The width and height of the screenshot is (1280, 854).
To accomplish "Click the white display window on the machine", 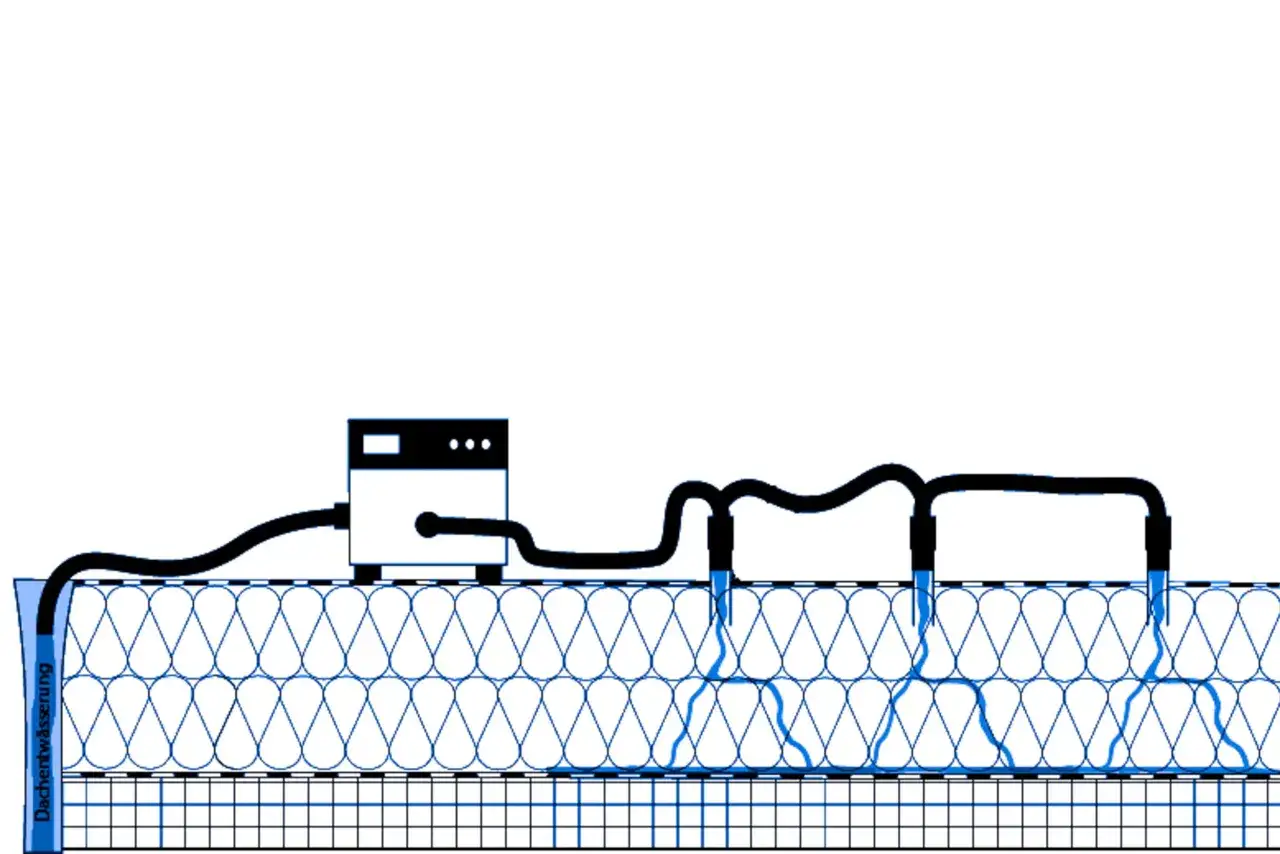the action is pyautogui.click(x=381, y=444).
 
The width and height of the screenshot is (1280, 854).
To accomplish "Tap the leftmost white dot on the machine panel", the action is pyautogui.click(x=454, y=444).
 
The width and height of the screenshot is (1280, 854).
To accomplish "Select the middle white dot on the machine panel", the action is pyautogui.click(x=470, y=444).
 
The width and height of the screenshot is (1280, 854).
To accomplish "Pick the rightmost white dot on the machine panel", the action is pyautogui.click(x=486, y=444).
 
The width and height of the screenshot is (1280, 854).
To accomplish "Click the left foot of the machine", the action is pyautogui.click(x=367, y=573).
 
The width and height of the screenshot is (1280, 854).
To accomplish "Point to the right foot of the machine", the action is pyautogui.click(x=489, y=573).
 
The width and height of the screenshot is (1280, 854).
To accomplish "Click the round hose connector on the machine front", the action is pyautogui.click(x=427, y=525).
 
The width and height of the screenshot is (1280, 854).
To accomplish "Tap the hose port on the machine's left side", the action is pyautogui.click(x=342, y=516).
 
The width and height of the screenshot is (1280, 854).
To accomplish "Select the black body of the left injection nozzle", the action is pyautogui.click(x=720, y=543).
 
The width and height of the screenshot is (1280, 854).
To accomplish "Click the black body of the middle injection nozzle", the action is pyautogui.click(x=922, y=543).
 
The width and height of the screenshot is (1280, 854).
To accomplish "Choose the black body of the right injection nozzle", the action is pyautogui.click(x=1158, y=543).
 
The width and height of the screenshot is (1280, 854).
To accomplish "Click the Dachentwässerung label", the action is pyautogui.click(x=43, y=742).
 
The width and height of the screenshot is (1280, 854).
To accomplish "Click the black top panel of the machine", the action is pyautogui.click(x=428, y=444).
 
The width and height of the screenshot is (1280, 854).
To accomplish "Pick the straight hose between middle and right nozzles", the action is pyautogui.click(x=1040, y=484).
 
